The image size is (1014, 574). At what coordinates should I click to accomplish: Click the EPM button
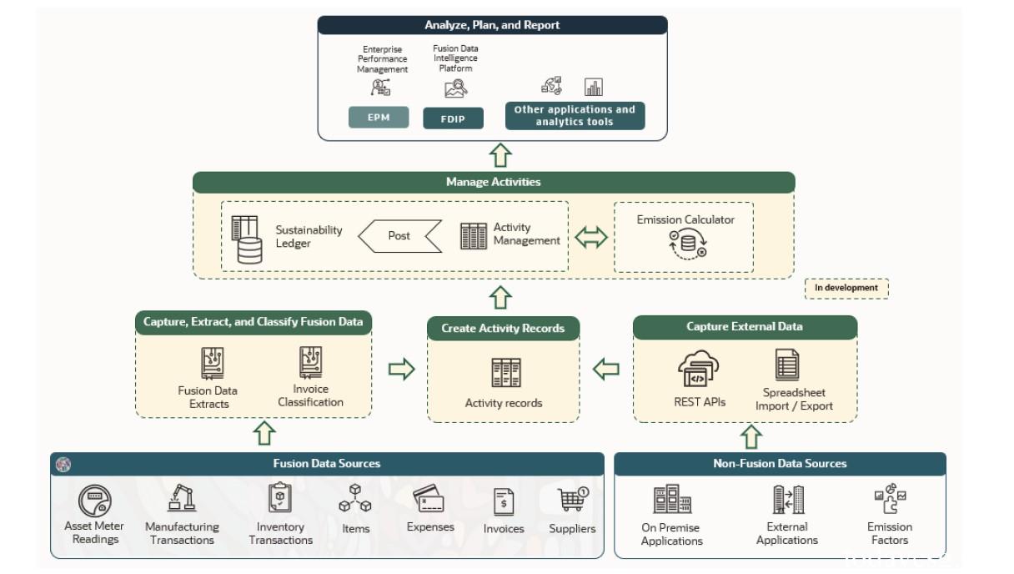pyautogui.click(x=379, y=118)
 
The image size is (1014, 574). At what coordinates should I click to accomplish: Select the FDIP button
pyautogui.click(x=453, y=118)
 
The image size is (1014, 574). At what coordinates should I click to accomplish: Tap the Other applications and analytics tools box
pyautogui.click(x=575, y=115)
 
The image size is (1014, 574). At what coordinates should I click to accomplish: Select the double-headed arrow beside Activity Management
pyautogui.click(x=591, y=237)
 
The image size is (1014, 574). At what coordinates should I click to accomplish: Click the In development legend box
pyautogui.click(x=846, y=288)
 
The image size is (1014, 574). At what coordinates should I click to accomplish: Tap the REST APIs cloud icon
pyautogui.click(x=699, y=370)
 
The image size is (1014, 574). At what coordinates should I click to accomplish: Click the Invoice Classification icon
pyautogui.click(x=310, y=363)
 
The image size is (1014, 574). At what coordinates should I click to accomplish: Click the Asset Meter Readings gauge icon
pyautogui.click(x=95, y=501)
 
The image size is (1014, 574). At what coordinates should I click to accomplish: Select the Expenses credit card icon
pyautogui.click(x=429, y=500)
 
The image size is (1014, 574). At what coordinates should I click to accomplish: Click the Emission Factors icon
pyautogui.click(x=890, y=500)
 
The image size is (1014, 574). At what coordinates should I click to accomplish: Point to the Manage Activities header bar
pyautogui.click(x=493, y=182)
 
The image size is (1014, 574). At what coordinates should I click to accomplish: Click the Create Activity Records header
pyautogui.click(x=503, y=328)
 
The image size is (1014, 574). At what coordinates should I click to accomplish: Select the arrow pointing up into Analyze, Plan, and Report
pyautogui.click(x=500, y=155)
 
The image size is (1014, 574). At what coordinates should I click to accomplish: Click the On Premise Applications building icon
pyautogui.click(x=672, y=500)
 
